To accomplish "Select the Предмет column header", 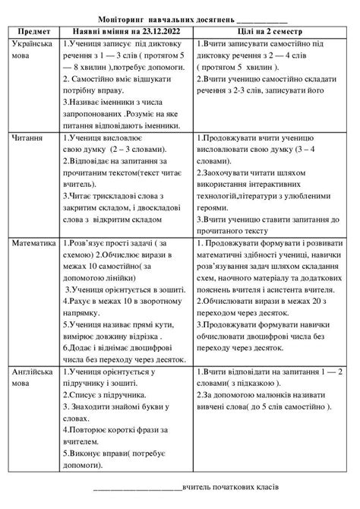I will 32,32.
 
